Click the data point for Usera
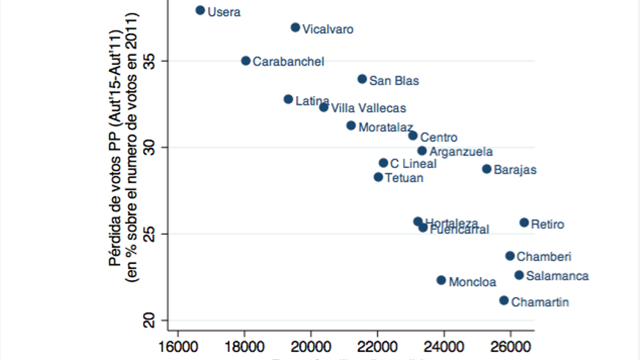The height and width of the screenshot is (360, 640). point(200,10)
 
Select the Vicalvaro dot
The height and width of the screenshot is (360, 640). point(295,28)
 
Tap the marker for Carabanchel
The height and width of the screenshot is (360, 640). point(246,61)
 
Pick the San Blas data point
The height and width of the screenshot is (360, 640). point(362,79)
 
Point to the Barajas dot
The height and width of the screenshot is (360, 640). point(487,169)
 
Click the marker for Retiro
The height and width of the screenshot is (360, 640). point(524,223)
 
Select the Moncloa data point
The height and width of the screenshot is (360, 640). point(441,280)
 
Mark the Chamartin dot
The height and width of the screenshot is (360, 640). point(504,300)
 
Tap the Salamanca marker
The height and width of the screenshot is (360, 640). point(519,275)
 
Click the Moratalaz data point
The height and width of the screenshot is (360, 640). point(351,126)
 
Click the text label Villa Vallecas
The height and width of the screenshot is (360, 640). point(368,108)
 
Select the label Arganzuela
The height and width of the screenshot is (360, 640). point(460,152)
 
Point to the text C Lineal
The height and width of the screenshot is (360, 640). point(413,164)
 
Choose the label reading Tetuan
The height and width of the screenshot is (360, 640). point(404,177)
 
